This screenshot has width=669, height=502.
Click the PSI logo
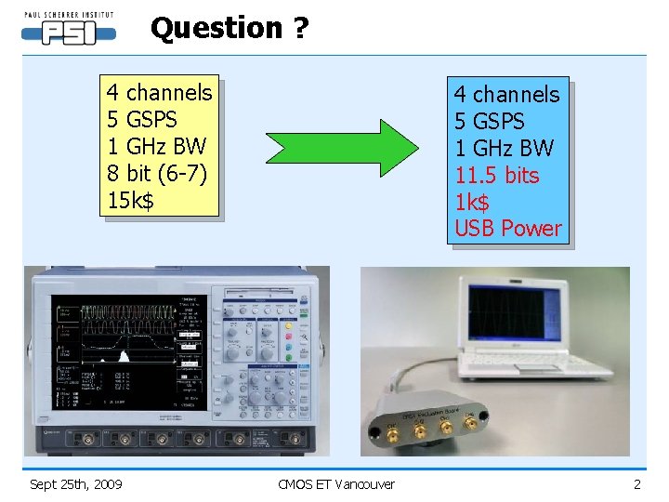pos(69,30)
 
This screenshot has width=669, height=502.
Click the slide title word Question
pos(216,28)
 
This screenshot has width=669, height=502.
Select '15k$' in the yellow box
pos(131,200)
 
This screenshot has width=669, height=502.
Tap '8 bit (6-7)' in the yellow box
pos(156,173)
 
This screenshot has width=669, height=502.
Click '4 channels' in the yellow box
pos(159,93)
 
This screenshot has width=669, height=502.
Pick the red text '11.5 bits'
pos(496,175)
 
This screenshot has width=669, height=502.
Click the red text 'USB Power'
pos(507,228)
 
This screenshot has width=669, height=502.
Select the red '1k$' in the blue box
pos(471,202)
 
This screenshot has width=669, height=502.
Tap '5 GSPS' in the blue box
pos(489,122)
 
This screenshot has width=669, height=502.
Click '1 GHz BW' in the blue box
pos(503,148)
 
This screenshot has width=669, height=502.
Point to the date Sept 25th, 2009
pos(76,483)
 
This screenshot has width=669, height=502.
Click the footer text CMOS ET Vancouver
pos(336,483)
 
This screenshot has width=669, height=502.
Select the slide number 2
pos(637,483)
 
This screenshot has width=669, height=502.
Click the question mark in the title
pos(299,28)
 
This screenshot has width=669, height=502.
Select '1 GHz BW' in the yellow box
pos(156,146)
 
